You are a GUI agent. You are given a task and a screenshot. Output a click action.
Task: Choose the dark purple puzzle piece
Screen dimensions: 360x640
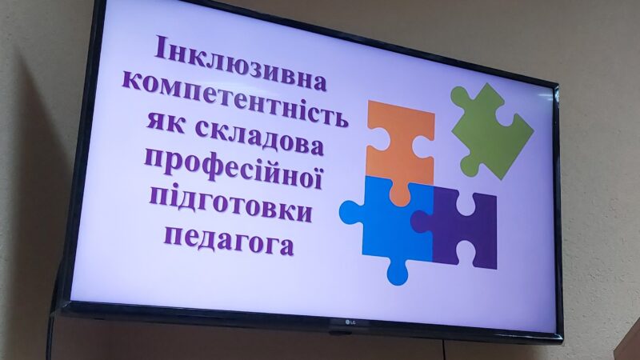coord(462,228)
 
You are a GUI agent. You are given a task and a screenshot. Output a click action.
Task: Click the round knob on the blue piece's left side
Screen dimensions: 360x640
coord(350,213)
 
